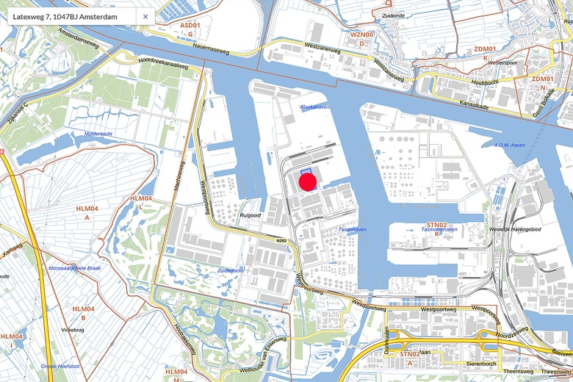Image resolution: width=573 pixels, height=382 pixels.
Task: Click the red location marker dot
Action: [x=307, y=181]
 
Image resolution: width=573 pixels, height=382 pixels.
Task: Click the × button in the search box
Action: [x=145, y=16]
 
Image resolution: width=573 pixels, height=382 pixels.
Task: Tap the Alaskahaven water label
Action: [x=315, y=107]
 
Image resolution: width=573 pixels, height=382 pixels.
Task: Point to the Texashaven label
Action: [x=352, y=230]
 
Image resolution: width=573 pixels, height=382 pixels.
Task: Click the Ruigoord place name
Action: [x=251, y=215]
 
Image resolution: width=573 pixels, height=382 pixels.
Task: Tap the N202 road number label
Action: [x=281, y=240]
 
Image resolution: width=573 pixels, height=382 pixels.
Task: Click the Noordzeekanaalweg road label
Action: [x=162, y=63]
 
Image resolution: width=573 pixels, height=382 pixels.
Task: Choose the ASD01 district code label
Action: [x=190, y=26]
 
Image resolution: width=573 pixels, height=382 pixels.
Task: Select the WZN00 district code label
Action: [x=361, y=35]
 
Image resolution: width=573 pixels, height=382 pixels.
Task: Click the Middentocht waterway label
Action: [x=98, y=134]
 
